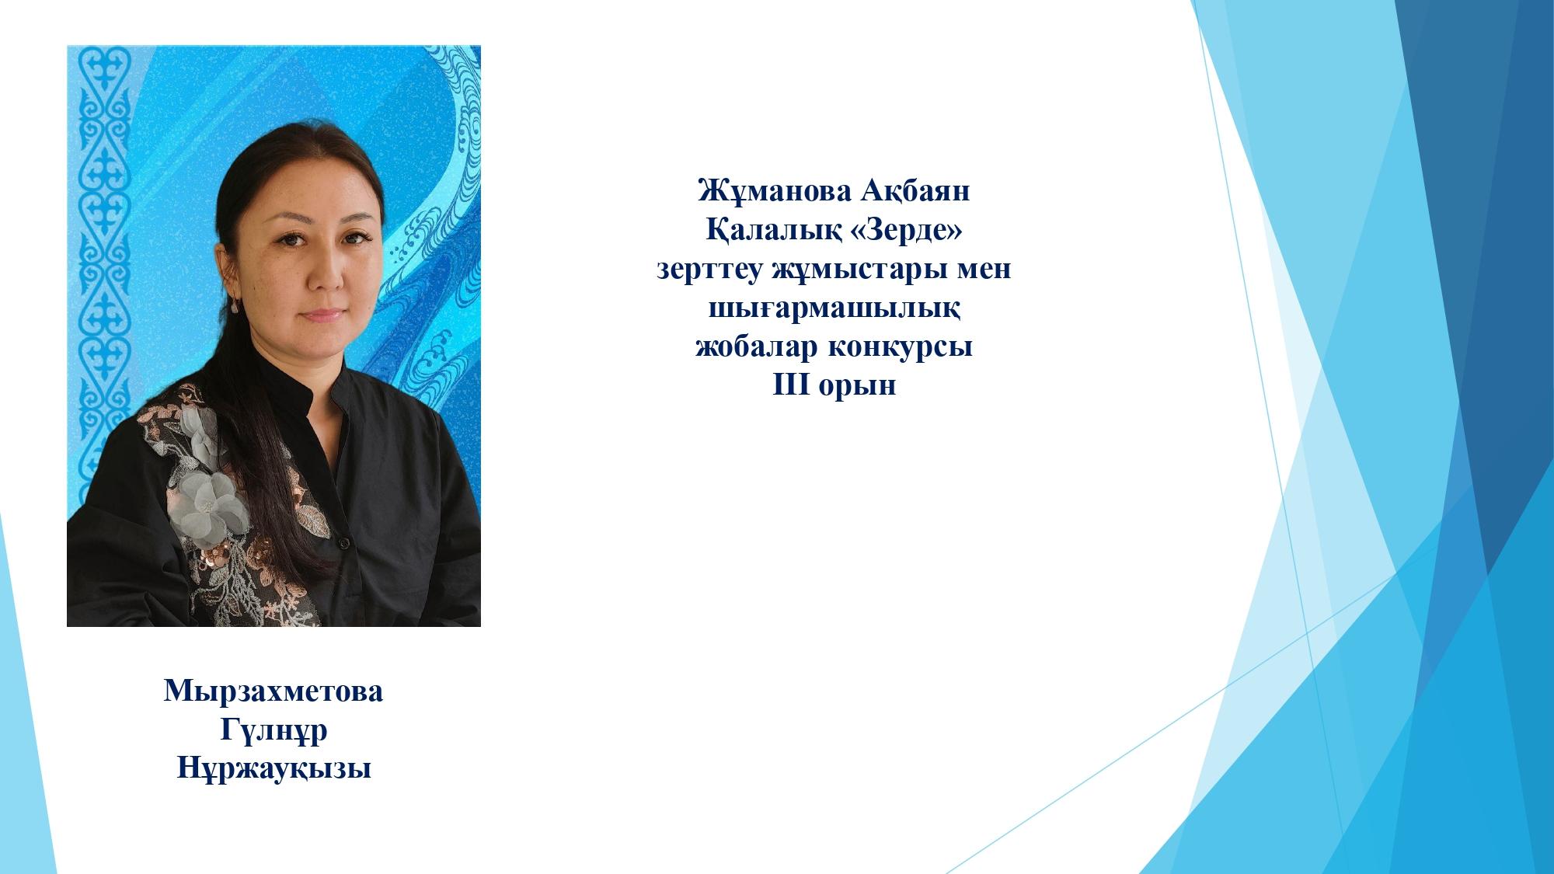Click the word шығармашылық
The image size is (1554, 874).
pyautogui.click(x=834, y=309)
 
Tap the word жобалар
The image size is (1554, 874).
pyautogui.click(x=755, y=346)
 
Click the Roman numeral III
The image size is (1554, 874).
pyautogui.click(x=791, y=385)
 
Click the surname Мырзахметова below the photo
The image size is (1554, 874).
pyautogui.click(x=274, y=691)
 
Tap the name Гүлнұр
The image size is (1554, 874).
pyautogui.click(x=274, y=731)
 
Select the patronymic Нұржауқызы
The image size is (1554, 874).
pyautogui.click(x=274, y=770)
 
